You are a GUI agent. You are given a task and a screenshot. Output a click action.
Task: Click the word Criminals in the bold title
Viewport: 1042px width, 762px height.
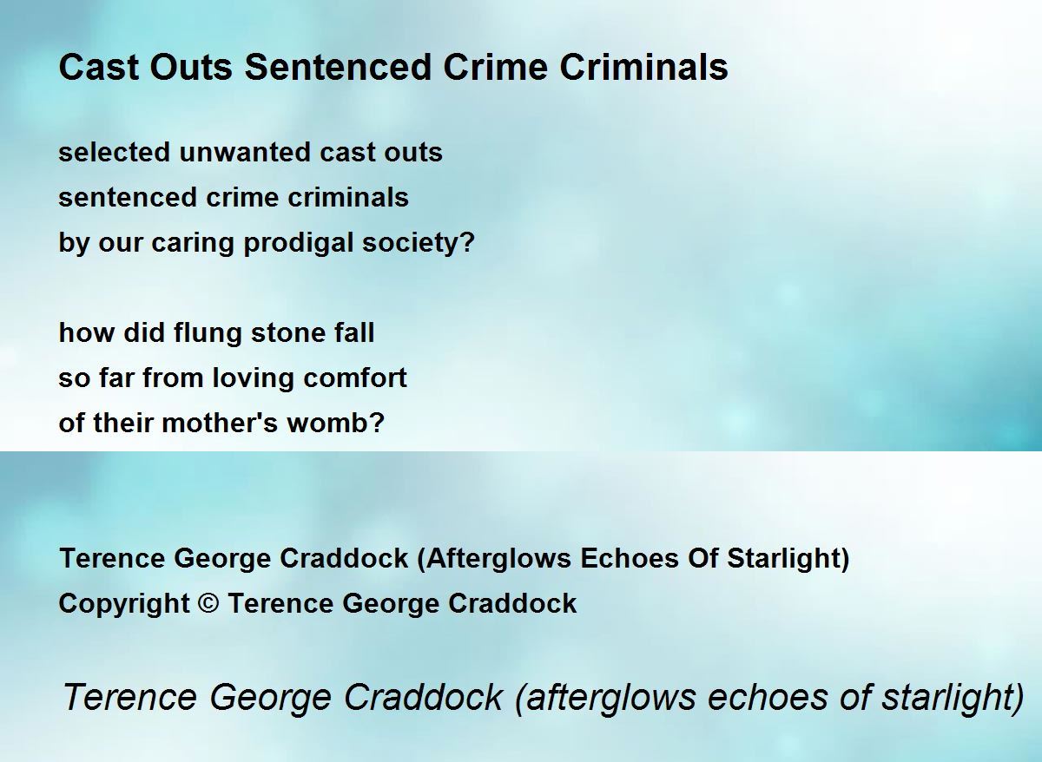(x=643, y=68)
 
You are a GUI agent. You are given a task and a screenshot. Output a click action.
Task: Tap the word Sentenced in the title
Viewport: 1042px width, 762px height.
(x=338, y=68)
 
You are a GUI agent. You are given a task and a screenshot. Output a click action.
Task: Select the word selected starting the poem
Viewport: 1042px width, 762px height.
(x=114, y=152)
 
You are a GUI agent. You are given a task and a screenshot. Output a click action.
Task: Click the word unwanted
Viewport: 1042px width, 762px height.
(x=245, y=153)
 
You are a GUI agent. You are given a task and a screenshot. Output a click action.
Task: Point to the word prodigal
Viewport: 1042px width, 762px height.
(x=298, y=243)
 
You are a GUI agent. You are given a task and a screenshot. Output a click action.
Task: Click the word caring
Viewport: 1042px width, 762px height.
(x=193, y=244)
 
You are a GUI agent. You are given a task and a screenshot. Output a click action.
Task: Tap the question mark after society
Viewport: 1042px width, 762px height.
(x=466, y=242)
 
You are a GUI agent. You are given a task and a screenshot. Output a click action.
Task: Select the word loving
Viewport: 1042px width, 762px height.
(x=253, y=378)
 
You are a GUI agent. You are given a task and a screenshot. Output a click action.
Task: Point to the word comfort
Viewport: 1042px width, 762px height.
(x=355, y=378)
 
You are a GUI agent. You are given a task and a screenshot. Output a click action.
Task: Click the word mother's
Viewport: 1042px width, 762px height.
(x=220, y=423)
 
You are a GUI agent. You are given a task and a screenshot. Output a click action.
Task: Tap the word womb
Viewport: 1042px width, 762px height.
(x=327, y=423)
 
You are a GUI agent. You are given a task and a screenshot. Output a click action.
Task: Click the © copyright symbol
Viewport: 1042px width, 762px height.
(x=208, y=603)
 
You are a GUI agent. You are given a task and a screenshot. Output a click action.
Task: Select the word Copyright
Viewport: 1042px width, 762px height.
(x=123, y=604)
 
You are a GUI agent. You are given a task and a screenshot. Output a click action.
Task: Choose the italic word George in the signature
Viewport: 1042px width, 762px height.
(x=271, y=698)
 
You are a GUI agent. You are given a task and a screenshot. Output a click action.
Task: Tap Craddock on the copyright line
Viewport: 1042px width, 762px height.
(x=512, y=603)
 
